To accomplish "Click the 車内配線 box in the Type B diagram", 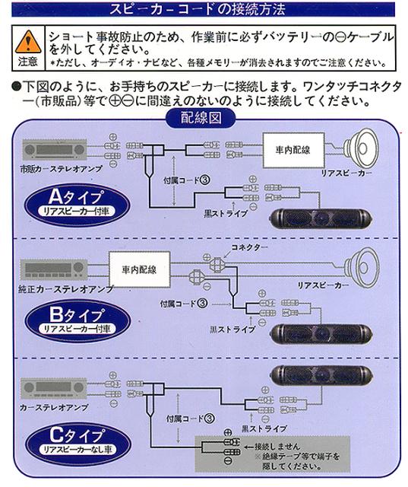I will pos(138,270).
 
